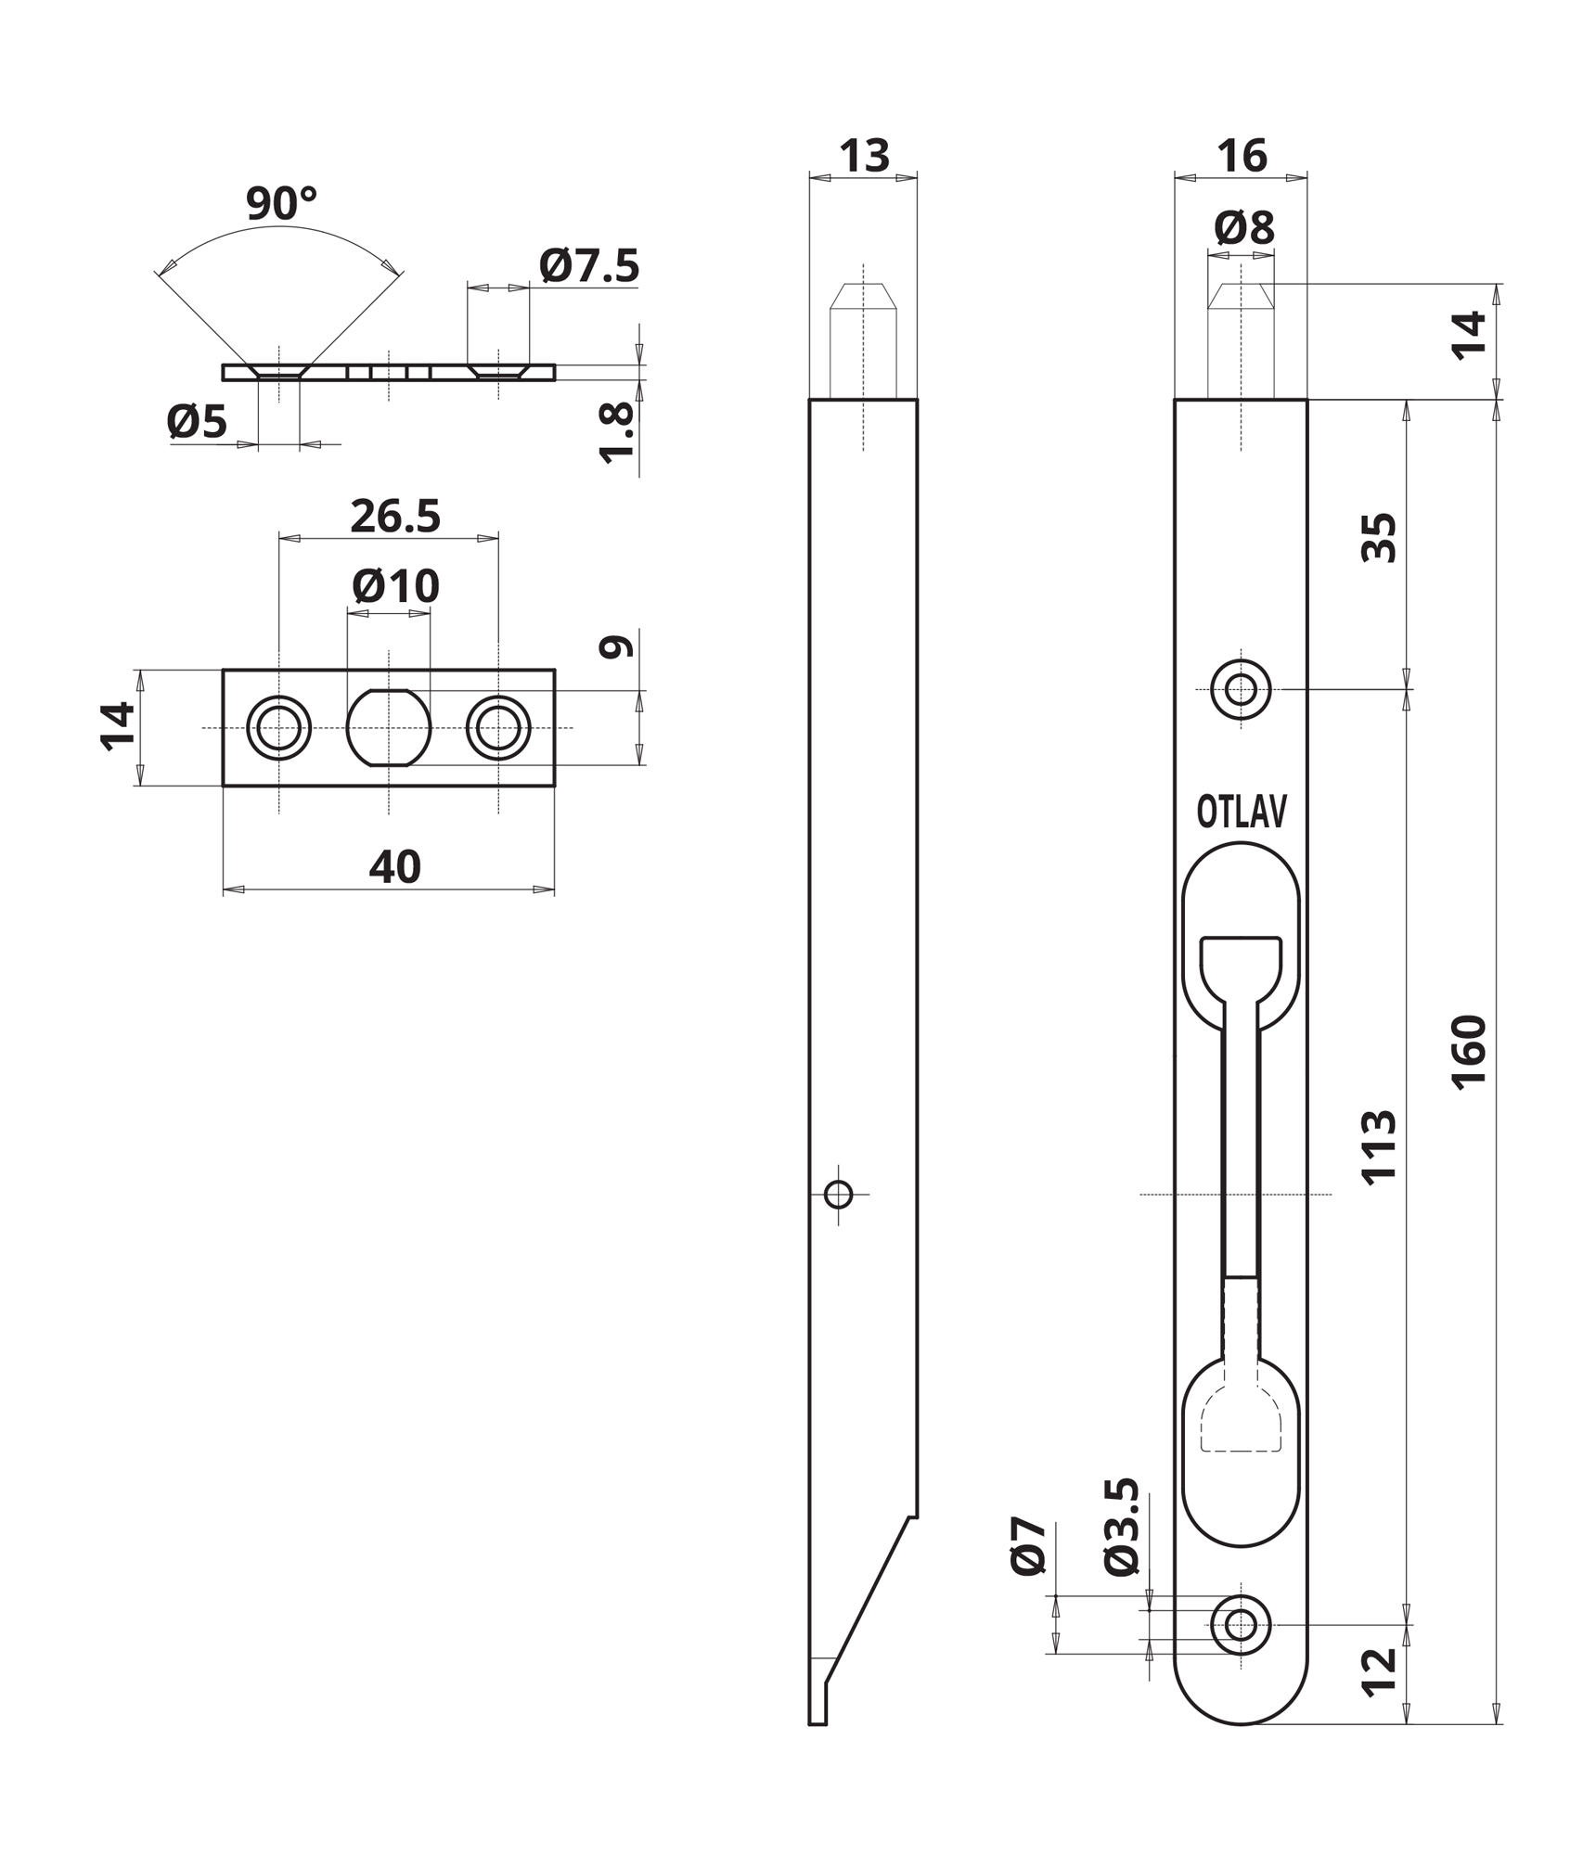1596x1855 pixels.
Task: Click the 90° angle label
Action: coord(282,203)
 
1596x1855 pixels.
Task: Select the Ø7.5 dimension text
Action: coord(589,266)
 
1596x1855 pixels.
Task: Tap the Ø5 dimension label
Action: coord(197,423)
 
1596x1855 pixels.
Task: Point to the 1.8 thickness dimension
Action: coord(617,431)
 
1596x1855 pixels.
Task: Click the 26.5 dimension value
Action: coord(395,517)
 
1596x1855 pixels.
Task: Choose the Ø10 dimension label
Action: coord(395,586)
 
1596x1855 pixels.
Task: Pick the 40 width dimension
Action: coord(395,867)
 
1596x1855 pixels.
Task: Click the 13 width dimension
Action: coord(864,156)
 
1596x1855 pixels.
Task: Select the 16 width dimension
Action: coord(1242,156)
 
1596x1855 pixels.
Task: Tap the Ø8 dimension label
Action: coord(1244,227)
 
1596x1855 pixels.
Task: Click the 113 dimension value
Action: coord(1379,1145)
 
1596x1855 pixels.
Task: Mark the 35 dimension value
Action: coord(1379,538)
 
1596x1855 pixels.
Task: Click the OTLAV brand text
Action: coord(1242,812)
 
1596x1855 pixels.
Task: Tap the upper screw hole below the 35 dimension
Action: coord(1242,689)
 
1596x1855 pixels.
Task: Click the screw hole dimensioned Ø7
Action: coord(1242,1625)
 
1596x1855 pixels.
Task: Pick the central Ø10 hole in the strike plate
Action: coord(389,728)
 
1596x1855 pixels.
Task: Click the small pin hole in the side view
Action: coord(839,1195)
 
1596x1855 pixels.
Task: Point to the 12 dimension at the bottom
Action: coord(1379,1672)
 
